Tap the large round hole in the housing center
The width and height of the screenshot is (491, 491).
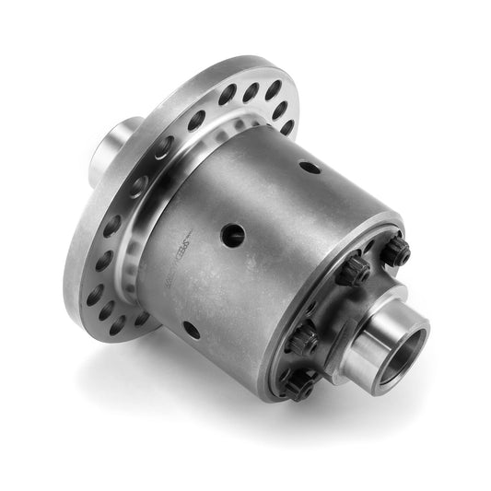pyautogui.click(x=232, y=235)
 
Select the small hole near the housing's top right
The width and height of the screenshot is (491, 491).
pyautogui.click(x=310, y=168)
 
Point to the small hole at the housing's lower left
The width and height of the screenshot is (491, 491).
pyautogui.click(x=191, y=328)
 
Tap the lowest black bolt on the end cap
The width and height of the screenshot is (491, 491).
pyautogui.click(x=298, y=387)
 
